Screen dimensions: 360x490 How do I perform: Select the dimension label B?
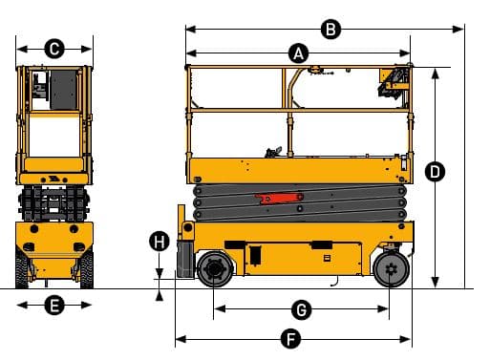pos(330,30)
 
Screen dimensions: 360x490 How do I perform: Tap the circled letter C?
pos(54,47)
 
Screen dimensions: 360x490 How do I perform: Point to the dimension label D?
pos(436,172)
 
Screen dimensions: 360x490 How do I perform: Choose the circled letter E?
pos(54,306)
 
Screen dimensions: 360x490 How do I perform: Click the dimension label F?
pos(293,338)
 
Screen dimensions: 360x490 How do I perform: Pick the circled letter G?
pos(301,309)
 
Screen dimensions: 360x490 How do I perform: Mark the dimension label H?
pos(160,242)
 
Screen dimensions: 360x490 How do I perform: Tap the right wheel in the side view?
pos(389,269)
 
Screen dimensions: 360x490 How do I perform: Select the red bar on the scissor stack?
pos(277,198)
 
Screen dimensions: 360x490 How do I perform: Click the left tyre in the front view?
pos(22,267)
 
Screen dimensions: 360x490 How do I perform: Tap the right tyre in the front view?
pos(88,267)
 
